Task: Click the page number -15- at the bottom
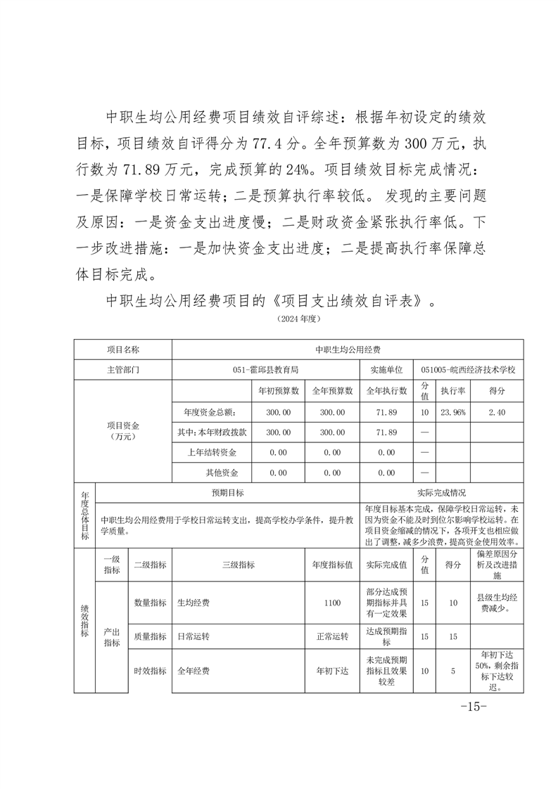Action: pos(474,706)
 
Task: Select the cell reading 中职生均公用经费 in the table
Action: pos(348,349)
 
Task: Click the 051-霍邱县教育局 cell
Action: pos(265,369)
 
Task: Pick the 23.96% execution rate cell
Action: pos(453,412)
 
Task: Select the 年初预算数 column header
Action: pos(279,390)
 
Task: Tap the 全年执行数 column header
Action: pos(386,390)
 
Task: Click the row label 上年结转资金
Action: pos(212,452)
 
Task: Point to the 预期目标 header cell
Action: pos(228,493)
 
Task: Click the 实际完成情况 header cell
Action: pos(441,493)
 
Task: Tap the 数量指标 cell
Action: pos(150,603)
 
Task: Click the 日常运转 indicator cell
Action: pos(193,636)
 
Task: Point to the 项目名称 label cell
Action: pos(123,349)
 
